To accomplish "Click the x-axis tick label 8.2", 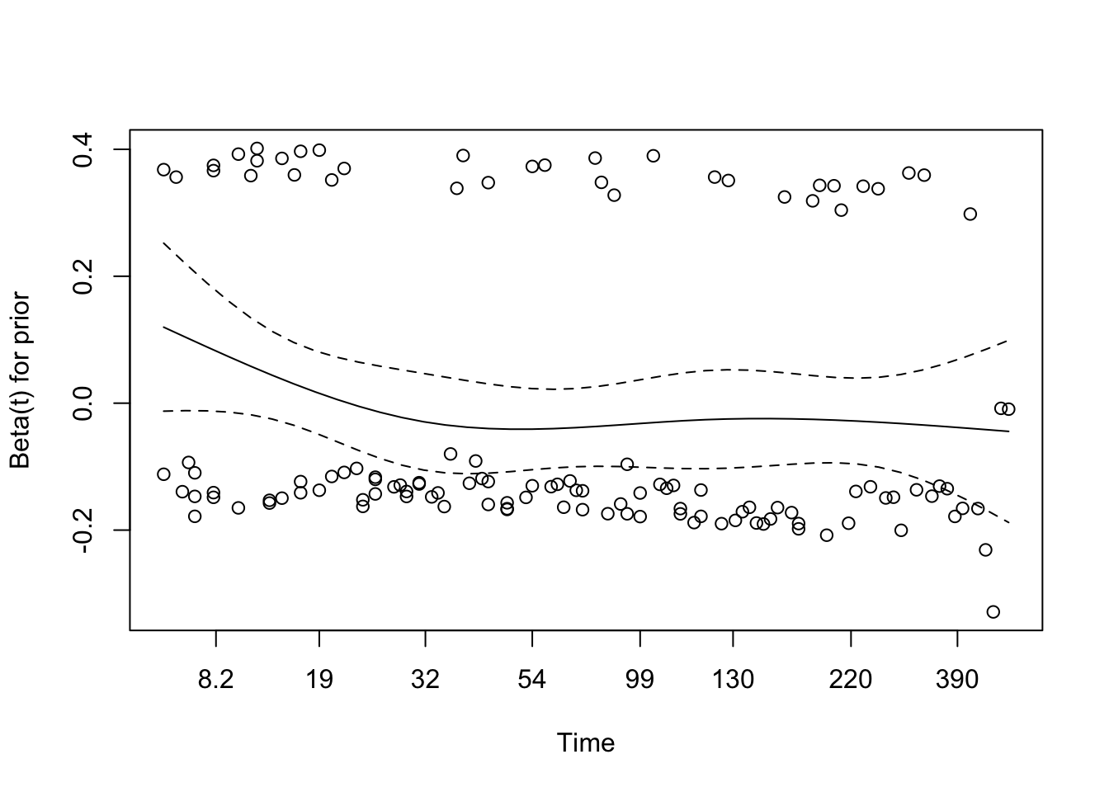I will pos(215,680).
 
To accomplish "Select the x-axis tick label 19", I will pos(319,680).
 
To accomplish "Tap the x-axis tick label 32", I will pos(425,680).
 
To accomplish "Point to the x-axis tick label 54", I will pos(532,680).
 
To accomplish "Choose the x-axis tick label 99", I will pos(639,680).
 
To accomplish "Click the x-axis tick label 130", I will pos(733,680).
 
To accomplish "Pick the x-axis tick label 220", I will pos(850,680).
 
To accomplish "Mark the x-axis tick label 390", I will pos(957,680).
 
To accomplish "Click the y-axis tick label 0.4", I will pos(83,149).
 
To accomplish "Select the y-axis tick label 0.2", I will pos(83,276).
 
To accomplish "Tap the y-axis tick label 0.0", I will pos(83,403).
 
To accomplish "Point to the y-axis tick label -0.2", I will pos(83,529).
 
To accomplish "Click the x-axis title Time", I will pos(586,743).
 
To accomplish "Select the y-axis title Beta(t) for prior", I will pos(21,380).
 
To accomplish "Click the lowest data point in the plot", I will pos(993,611).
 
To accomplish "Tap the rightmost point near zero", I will pos(1008,409).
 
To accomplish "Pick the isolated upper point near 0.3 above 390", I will pos(970,214).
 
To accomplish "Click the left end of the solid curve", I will pos(163,327).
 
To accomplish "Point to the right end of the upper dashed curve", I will pos(1008,340).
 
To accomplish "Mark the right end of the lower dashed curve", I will pos(1008,523).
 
